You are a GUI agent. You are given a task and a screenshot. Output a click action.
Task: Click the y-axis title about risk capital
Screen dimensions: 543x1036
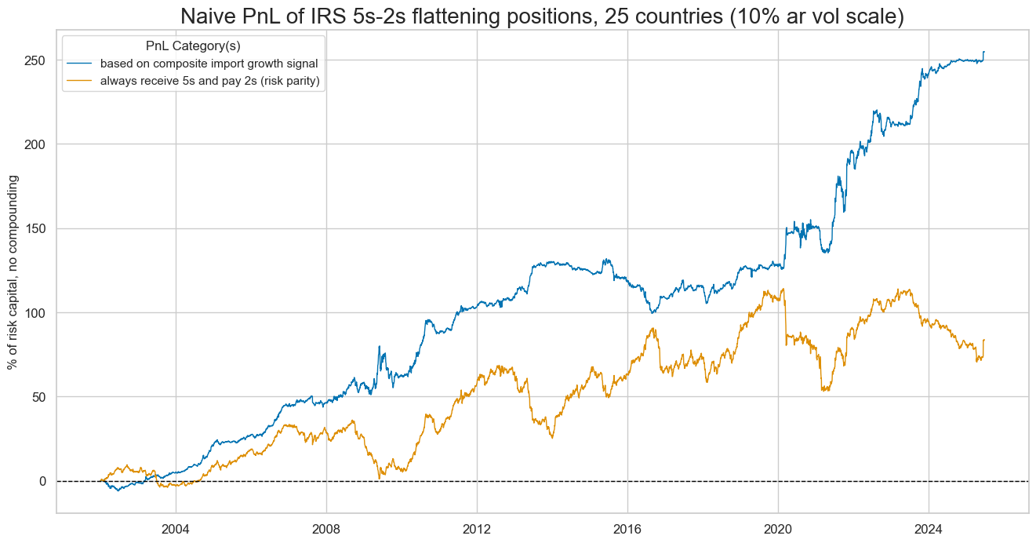coord(13,272)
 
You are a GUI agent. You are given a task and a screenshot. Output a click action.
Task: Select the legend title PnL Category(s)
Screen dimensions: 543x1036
coord(193,46)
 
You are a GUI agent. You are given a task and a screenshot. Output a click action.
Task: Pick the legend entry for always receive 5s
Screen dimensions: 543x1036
coord(216,81)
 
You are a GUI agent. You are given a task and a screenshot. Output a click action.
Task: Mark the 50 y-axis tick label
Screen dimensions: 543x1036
coord(39,396)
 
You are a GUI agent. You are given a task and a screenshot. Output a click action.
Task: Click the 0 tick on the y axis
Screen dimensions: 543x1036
coord(43,481)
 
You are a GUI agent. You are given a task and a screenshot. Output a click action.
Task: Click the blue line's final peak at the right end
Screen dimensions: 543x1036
coord(983,53)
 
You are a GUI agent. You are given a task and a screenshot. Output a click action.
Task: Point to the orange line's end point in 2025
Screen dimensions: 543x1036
coord(983,340)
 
